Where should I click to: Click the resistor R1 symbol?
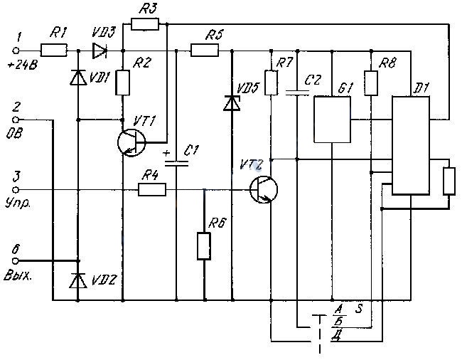point(53,51)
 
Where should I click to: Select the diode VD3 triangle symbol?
point(100,51)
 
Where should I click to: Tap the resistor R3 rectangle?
point(145,24)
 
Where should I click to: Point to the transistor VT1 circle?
point(131,143)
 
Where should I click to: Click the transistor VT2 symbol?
point(264,189)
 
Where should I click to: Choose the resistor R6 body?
point(204,246)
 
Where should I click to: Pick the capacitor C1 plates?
point(176,164)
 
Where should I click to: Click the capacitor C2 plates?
point(298,92)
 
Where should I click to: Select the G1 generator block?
point(332,120)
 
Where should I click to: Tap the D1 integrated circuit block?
point(410,145)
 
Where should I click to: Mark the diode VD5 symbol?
point(232,103)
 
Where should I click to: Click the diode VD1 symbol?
point(78,78)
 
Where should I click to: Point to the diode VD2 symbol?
point(78,280)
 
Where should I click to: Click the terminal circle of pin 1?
point(16,51)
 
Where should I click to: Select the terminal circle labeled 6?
point(16,261)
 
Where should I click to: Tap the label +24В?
point(23,65)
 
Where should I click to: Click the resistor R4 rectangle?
point(152,189)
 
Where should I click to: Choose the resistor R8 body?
point(371,83)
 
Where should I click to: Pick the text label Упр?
point(18,203)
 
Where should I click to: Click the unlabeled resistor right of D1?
point(449,181)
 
